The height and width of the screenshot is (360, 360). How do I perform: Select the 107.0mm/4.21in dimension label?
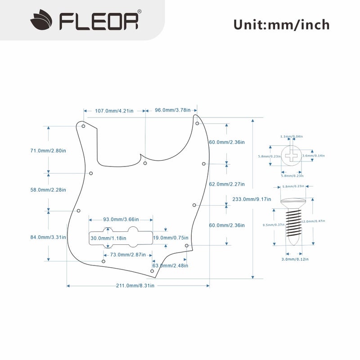tap(114, 110)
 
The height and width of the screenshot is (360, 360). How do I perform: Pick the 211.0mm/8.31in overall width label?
tap(135, 285)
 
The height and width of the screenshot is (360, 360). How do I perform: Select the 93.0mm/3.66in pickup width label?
tap(121, 220)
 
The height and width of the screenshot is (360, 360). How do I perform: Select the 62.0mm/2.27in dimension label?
tap(227, 184)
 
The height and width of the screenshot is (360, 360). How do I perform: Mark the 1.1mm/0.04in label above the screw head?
tap(292, 136)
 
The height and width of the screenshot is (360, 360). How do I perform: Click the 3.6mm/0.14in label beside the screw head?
tap(314, 156)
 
